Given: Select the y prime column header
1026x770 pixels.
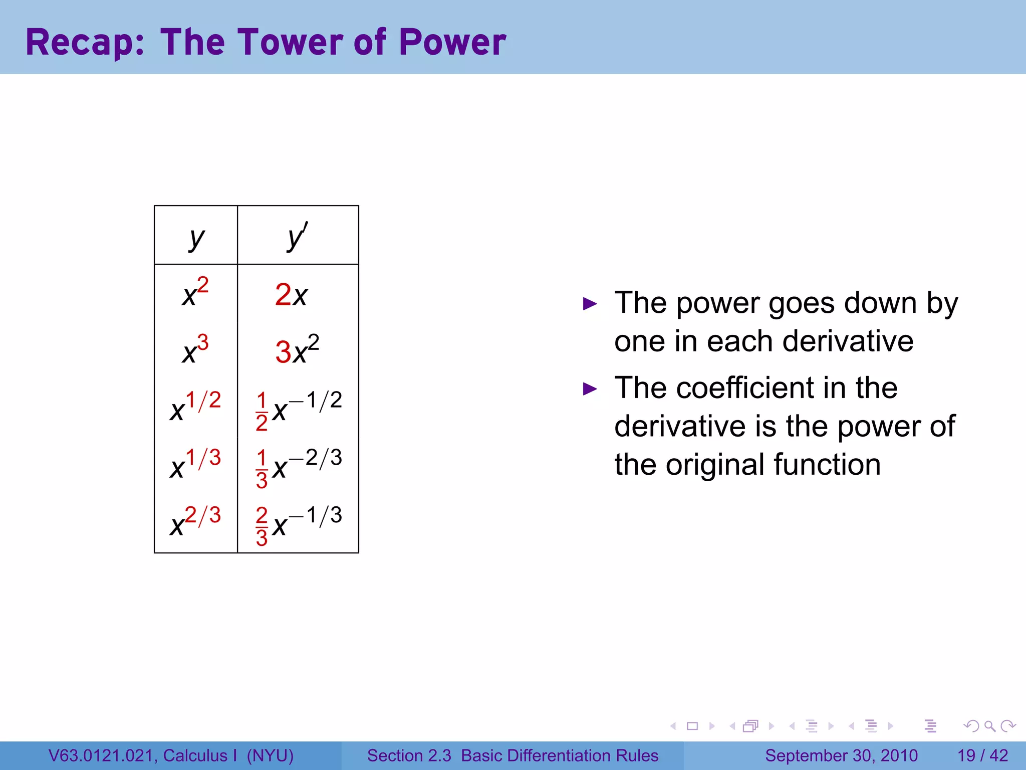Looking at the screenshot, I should (x=298, y=236).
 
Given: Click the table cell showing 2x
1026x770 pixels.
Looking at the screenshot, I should (x=291, y=294).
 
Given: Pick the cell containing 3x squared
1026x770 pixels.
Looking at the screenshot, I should (x=297, y=350).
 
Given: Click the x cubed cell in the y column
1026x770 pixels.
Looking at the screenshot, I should (x=195, y=350).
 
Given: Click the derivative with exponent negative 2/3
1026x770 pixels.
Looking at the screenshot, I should (x=299, y=466).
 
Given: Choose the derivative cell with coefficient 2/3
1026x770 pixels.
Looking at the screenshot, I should (x=299, y=524).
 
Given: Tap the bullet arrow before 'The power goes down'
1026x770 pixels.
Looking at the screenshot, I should (x=590, y=304).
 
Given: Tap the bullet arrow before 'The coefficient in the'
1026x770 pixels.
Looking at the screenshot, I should (x=590, y=389).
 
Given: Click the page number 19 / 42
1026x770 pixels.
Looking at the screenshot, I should (x=982, y=755).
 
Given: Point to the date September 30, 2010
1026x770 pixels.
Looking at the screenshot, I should (x=841, y=755).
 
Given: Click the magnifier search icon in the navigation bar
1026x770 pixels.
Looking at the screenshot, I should (x=989, y=726).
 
